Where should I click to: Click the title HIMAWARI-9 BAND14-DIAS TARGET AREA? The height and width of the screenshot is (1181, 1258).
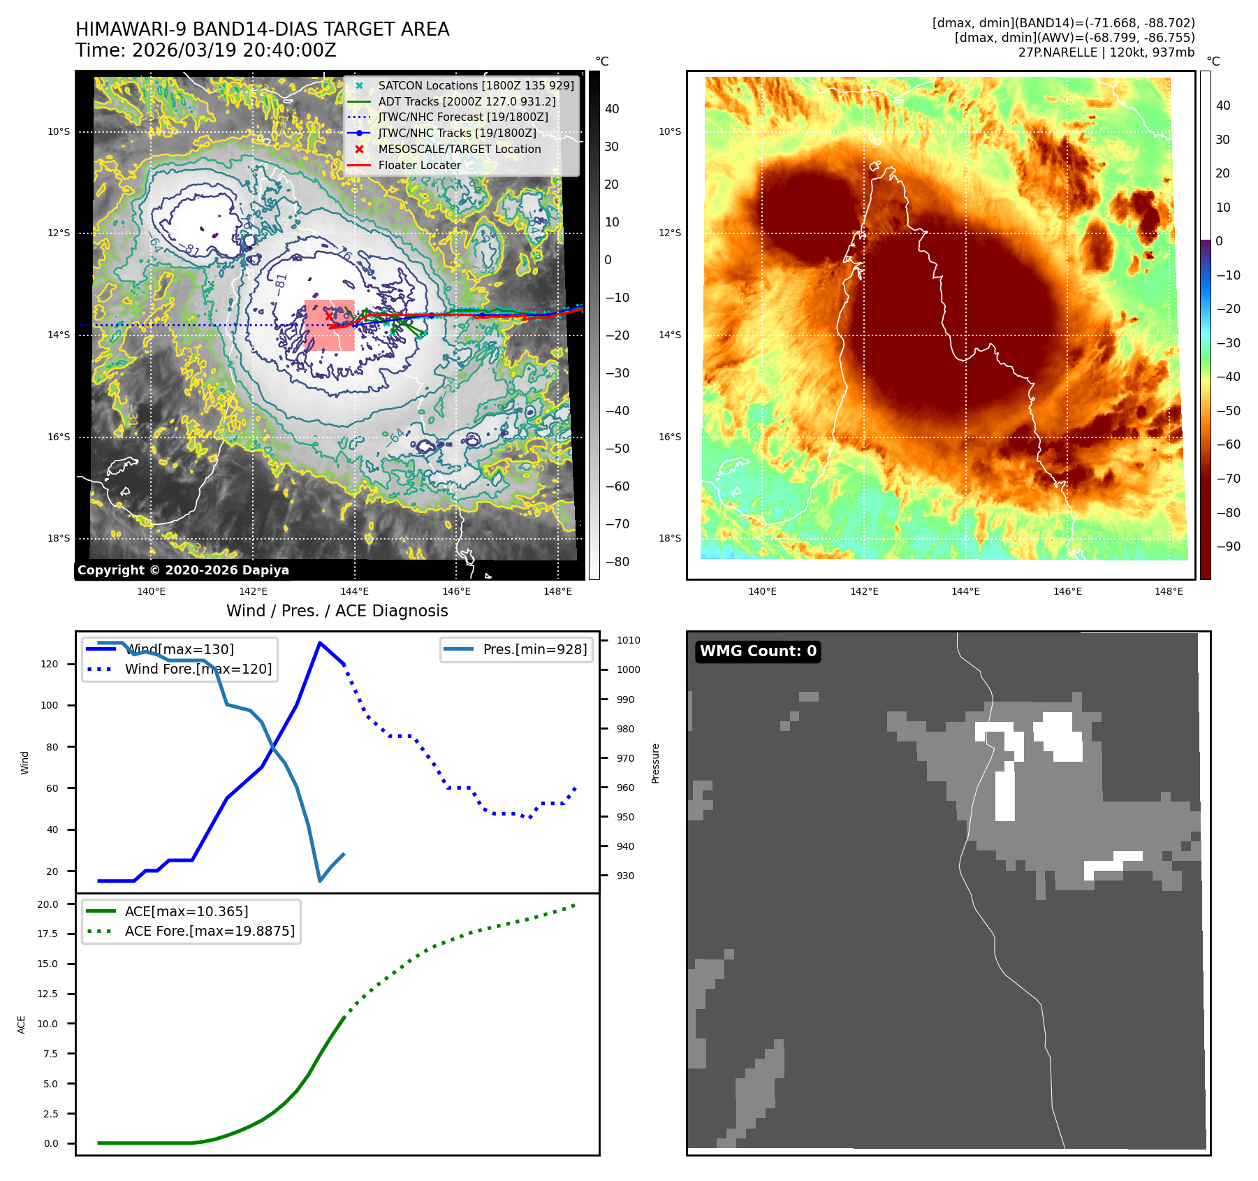point(262,29)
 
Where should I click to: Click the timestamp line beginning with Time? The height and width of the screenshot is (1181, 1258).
point(206,50)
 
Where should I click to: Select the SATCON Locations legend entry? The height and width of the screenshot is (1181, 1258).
point(476,85)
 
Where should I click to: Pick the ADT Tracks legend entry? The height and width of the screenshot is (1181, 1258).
point(467,101)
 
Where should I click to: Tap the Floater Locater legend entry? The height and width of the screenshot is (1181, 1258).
point(419,165)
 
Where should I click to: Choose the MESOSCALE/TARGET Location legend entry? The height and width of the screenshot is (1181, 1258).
point(459,149)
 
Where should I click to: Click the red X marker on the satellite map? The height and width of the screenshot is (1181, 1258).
point(329,316)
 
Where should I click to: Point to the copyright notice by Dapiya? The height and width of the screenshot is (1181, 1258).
point(183,570)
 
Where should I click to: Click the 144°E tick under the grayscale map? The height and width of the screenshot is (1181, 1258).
point(354,591)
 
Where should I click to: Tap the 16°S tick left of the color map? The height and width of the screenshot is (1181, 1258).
point(669,437)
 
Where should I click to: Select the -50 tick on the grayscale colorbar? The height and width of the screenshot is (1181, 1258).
point(617,449)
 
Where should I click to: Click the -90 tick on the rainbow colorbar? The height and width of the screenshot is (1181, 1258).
point(1228,546)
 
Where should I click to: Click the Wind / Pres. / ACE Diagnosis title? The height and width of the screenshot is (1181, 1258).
point(337,611)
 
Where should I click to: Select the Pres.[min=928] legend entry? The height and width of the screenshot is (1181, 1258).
point(534,649)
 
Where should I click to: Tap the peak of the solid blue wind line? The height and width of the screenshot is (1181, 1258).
point(320,643)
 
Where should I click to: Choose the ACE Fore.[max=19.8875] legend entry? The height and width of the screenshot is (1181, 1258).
point(210,931)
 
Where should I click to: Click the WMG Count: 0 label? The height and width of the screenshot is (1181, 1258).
point(758,651)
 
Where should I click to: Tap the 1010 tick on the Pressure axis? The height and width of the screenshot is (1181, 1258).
point(628,640)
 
